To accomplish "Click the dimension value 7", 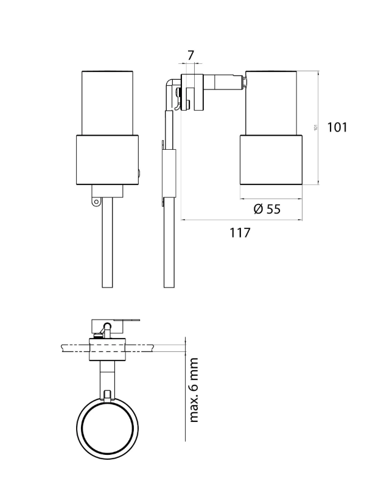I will coord(190,55).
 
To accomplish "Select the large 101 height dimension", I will coord(337,127).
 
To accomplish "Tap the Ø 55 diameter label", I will coord(267,209).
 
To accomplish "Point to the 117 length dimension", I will coord(240,233).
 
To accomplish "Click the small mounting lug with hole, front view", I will coord(94,199).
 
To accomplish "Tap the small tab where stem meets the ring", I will coord(108,395).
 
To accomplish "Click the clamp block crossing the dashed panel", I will coord(108,349).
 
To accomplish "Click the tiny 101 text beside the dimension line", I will coord(316,127).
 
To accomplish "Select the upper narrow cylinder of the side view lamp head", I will coord(271,102).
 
